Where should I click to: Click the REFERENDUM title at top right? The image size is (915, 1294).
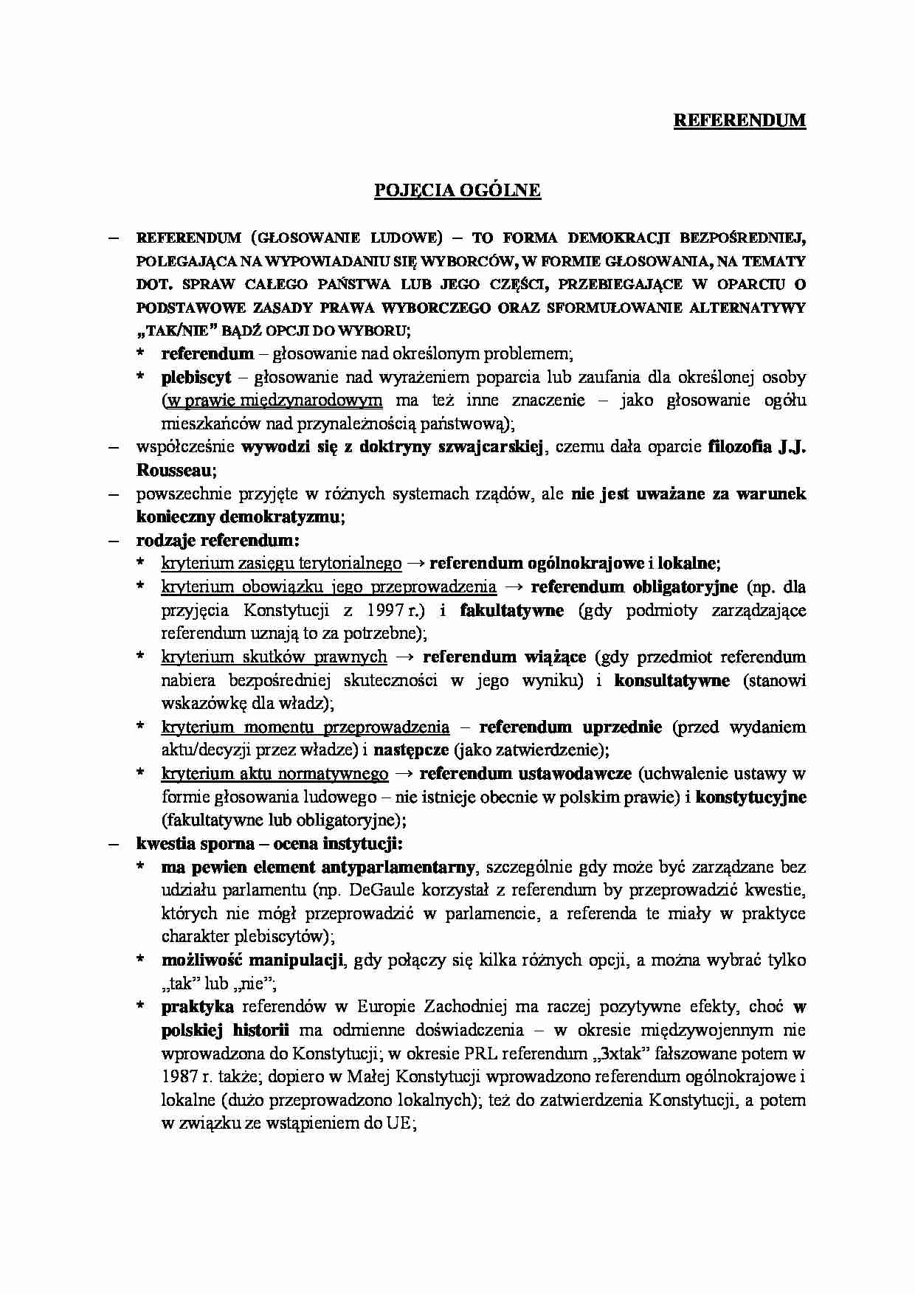pyautogui.click(x=739, y=120)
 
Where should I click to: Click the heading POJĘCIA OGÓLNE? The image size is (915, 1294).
pyautogui.click(x=457, y=190)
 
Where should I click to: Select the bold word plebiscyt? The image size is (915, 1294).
pyautogui.click(x=196, y=378)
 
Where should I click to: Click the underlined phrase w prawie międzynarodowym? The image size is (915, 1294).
pyautogui.click(x=274, y=401)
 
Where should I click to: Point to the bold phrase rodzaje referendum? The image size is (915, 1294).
pyautogui.click(x=217, y=540)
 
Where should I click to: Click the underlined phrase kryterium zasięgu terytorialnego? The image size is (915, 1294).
pyautogui.click(x=281, y=564)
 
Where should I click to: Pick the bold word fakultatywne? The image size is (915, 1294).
pyautogui.click(x=511, y=611)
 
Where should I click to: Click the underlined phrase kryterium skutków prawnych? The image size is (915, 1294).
pyautogui.click(x=274, y=657)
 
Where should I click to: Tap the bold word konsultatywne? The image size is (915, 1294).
pyautogui.click(x=671, y=680)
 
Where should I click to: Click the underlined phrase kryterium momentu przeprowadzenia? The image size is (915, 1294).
pyautogui.click(x=305, y=727)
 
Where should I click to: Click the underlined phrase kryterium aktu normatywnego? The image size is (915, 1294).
pyautogui.click(x=274, y=774)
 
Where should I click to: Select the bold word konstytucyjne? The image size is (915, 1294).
pyautogui.click(x=750, y=797)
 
